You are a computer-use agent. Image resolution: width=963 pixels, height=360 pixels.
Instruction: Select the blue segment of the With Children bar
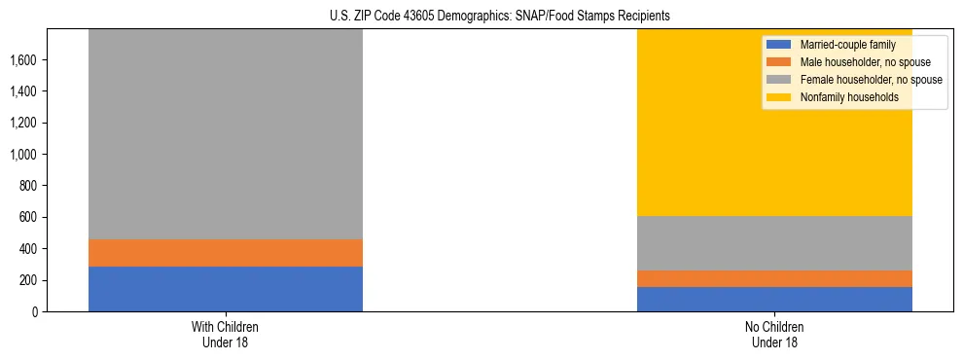(226, 289)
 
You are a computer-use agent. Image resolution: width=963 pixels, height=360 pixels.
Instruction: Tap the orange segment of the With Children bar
(226, 253)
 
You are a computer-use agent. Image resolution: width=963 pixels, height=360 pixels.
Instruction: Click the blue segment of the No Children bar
(774, 299)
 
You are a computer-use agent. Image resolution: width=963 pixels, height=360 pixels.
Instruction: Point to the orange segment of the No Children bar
(774, 278)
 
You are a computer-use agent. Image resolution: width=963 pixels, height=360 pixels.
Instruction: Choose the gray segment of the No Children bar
(774, 243)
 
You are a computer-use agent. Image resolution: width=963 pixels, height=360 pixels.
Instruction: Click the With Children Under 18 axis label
(226, 334)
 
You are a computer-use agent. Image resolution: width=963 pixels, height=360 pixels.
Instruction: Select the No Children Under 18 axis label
(774, 334)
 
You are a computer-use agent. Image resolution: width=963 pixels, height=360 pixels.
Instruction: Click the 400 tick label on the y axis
(29, 249)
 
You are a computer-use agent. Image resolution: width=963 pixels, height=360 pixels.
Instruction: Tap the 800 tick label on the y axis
(29, 186)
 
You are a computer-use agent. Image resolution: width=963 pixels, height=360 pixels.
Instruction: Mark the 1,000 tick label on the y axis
(24, 155)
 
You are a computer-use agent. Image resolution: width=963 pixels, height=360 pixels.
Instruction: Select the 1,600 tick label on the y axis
(24, 60)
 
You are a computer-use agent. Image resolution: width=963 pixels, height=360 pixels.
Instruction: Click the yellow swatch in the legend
(779, 97)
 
